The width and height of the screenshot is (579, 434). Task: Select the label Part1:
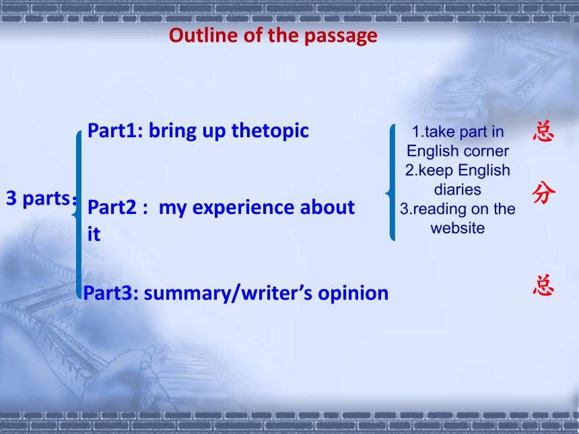tap(115, 131)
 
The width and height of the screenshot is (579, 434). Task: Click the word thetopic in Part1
tap(270, 131)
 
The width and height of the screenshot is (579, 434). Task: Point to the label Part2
tap(112, 207)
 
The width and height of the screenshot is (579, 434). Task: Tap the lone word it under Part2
tap(94, 234)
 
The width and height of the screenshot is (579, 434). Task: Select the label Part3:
tap(111, 293)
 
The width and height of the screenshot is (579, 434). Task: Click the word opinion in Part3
tap(353, 294)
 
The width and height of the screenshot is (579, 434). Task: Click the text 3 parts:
tap(41, 198)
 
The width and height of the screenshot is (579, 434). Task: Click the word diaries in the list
tap(458, 190)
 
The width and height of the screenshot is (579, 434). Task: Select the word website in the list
tap(458, 228)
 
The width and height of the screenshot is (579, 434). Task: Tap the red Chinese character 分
tap(544, 192)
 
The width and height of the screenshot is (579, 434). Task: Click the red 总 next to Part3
tap(543, 285)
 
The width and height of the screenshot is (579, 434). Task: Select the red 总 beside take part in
tap(543, 132)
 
